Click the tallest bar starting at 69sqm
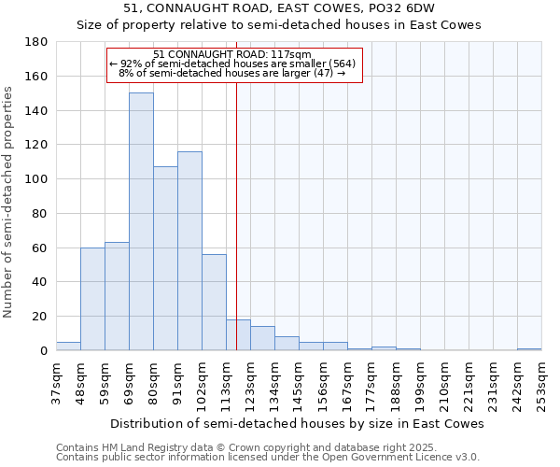141,221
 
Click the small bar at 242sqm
529,349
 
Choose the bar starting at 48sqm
92,299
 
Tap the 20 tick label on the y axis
41,317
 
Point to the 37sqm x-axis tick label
57,382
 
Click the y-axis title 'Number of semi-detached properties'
9,202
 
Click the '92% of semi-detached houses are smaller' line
232,64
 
